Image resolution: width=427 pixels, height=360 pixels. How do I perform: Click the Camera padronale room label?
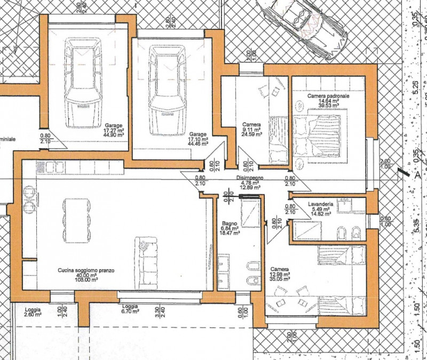[x=328, y=95]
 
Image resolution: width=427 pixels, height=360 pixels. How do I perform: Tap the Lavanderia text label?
[x=321, y=204]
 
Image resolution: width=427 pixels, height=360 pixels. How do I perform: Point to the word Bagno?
[x=229, y=223]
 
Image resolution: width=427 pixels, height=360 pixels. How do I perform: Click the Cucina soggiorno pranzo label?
[x=86, y=270]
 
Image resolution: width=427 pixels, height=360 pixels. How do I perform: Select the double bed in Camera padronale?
[x=320, y=136]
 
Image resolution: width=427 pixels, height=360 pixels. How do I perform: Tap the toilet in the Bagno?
[x=249, y=280]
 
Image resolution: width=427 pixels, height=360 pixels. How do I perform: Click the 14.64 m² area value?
[x=329, y=100]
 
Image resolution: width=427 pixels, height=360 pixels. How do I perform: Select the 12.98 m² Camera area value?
[x=280, y=274]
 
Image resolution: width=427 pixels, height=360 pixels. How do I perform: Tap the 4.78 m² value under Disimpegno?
[x=250, y=183]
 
